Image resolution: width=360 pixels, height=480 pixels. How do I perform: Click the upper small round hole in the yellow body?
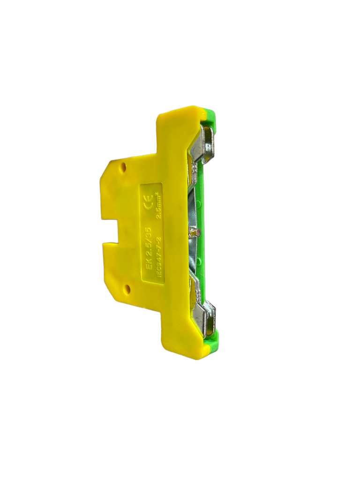[x=123, y=167]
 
